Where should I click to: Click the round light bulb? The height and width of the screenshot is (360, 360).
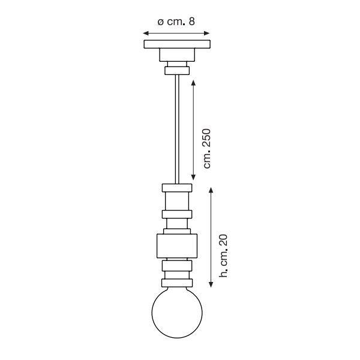(177, 313)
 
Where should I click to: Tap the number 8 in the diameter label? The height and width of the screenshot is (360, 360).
(192, 22)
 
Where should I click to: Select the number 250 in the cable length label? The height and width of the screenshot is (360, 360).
(206, 138)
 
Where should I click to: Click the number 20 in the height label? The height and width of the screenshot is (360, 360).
(223, 241)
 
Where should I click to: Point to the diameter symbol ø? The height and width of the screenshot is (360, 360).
(161, 22)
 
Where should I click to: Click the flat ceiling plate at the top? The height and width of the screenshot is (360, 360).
(177, 44)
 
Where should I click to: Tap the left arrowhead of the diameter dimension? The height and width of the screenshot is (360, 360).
(146, 33)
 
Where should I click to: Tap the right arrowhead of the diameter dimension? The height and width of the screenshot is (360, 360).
(206, 33)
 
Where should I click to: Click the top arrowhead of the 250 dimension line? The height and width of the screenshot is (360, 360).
(193, 83)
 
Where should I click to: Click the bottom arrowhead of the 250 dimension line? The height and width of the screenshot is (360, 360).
(193, 177)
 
